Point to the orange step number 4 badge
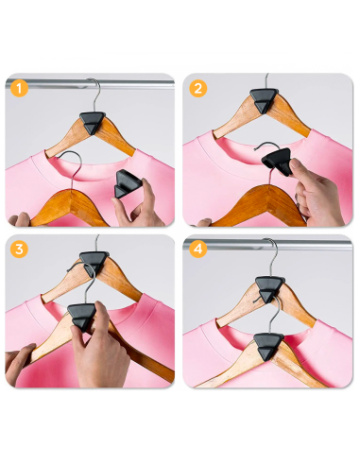pos(198,250)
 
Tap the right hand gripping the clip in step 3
pos(104,354)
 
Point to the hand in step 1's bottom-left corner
pos(19,219)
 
